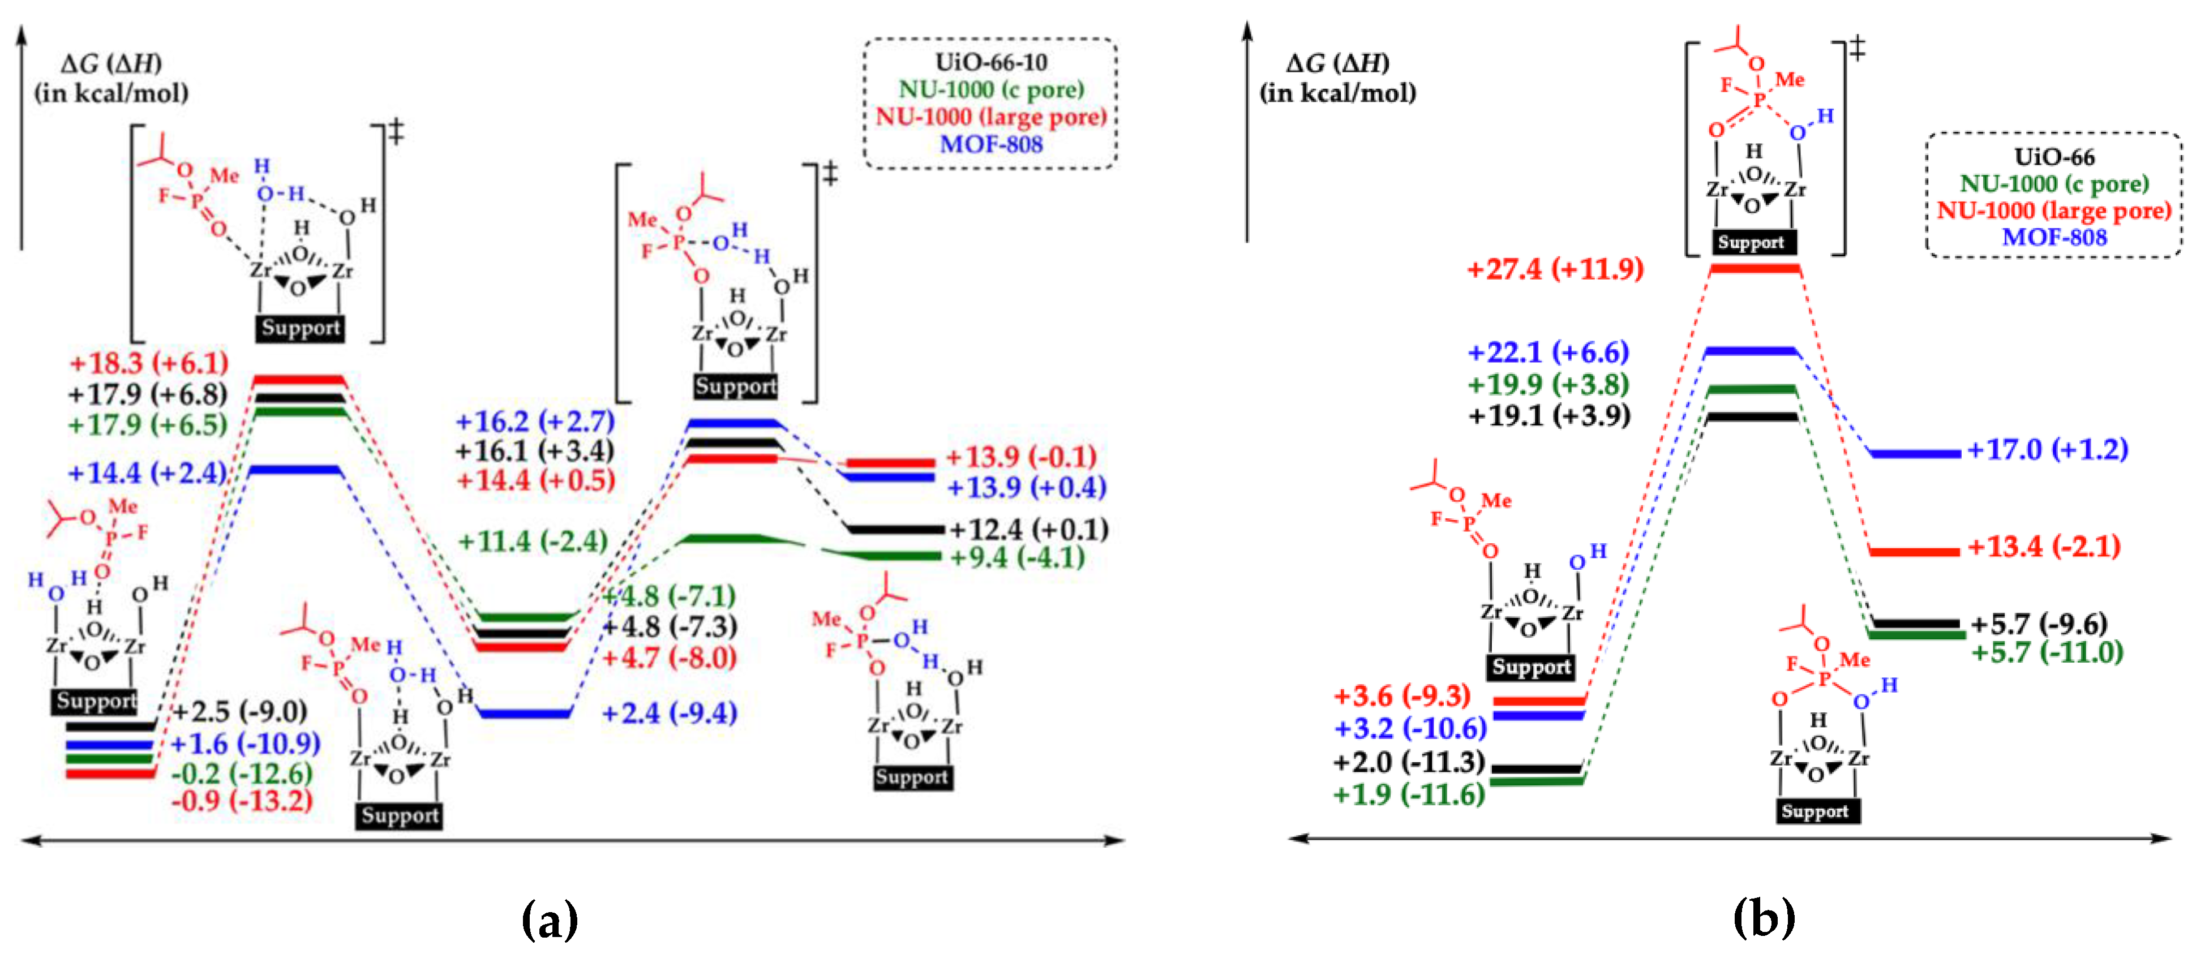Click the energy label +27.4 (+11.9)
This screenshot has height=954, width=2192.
1555,270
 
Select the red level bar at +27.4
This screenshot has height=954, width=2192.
1755,269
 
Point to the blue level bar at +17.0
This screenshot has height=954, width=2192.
1915,454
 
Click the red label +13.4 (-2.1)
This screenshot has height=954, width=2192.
2043,547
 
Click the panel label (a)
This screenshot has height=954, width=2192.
549,919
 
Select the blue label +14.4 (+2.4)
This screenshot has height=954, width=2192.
147,472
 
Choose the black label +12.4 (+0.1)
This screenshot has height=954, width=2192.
1029,529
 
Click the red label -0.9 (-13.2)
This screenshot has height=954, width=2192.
242,801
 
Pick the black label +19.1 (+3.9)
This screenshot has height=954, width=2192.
1548,415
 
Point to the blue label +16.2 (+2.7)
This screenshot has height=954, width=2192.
534,421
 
